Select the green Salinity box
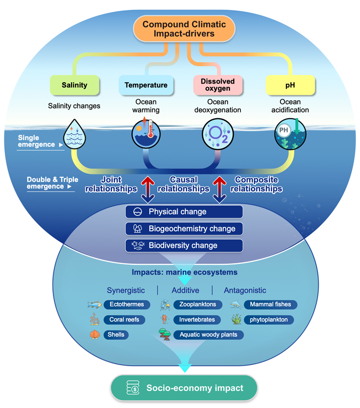74,85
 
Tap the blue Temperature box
146,85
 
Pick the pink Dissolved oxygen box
218,85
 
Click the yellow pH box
290,85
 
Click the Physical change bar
184,212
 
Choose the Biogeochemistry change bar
184,229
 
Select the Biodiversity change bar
184,246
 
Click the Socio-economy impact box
184,388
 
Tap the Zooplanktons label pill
197,304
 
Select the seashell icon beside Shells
96,334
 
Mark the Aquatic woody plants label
208,334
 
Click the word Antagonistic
245,290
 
